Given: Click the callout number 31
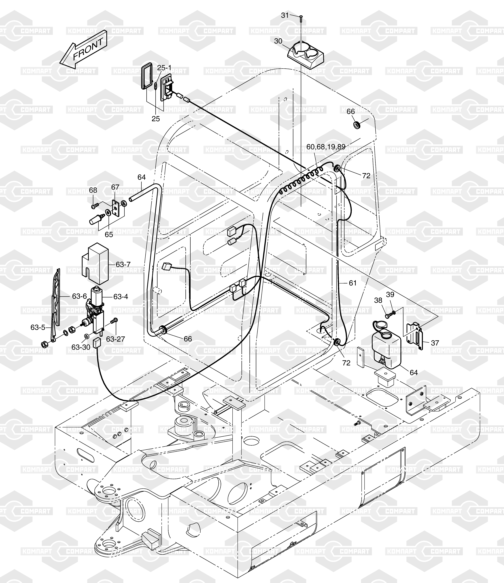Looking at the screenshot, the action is [x=285, y=15].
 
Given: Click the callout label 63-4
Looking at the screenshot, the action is [x=121, y=297].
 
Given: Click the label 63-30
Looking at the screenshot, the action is [x=81, y=347].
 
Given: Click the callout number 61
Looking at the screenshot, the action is [x=353, y=283].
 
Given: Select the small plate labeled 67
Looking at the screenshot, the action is [x=116, y=208].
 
